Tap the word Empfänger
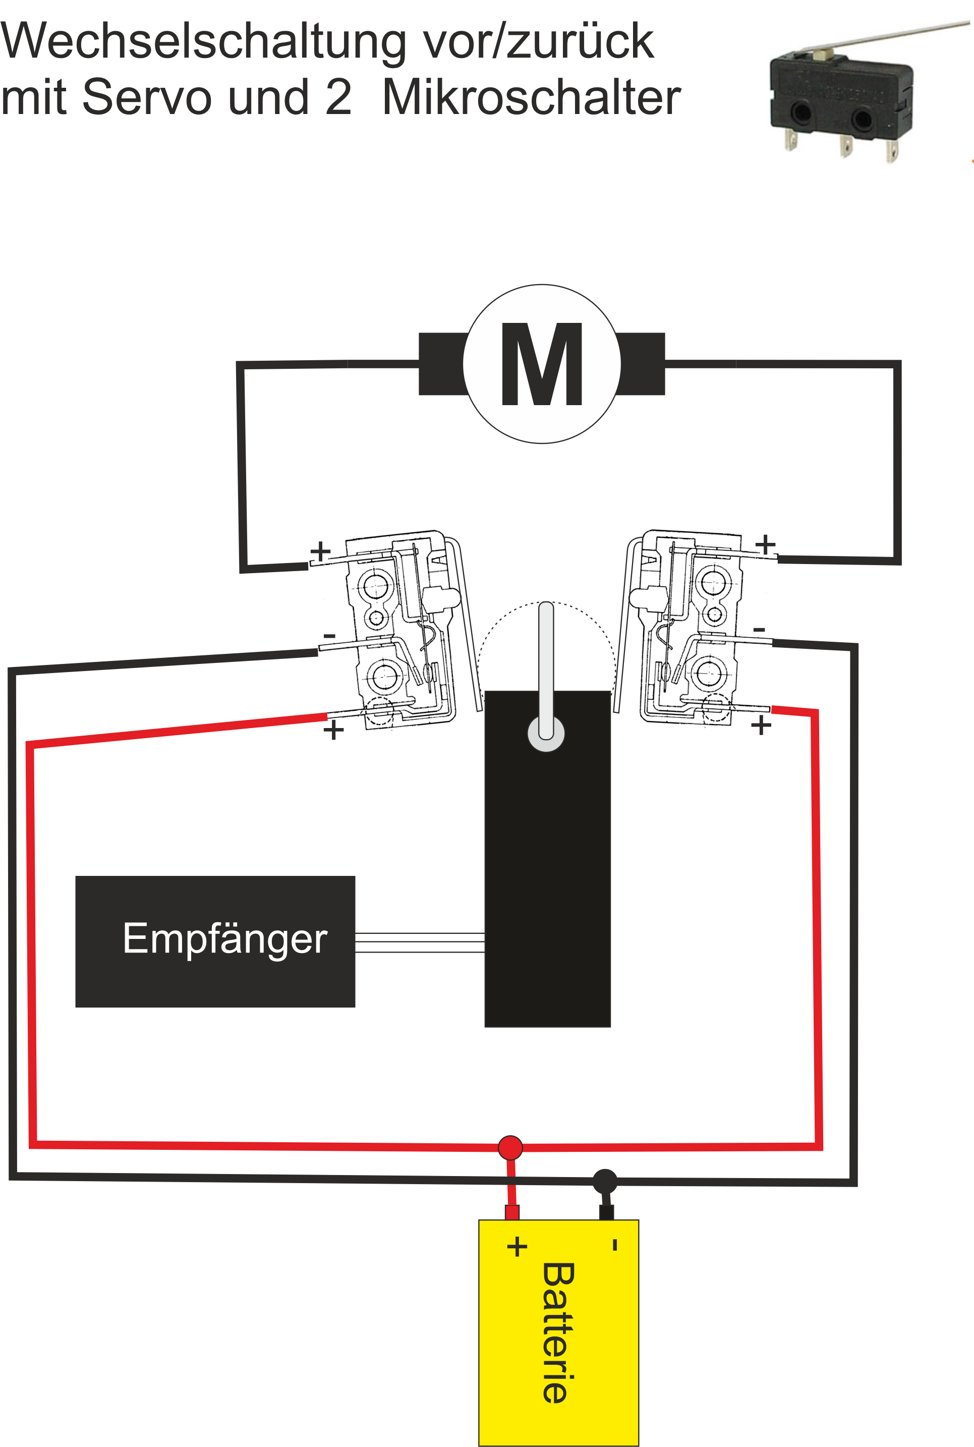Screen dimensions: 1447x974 225,939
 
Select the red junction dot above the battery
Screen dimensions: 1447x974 510,1147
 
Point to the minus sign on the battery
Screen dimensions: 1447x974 615,1245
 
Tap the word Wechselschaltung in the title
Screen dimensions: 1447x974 202,42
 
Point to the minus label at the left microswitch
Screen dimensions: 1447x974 330,636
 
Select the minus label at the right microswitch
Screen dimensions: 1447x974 759,629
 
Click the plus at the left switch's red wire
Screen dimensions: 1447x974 333,730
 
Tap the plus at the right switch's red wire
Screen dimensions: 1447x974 761,725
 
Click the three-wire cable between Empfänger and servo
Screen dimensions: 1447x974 419,942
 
